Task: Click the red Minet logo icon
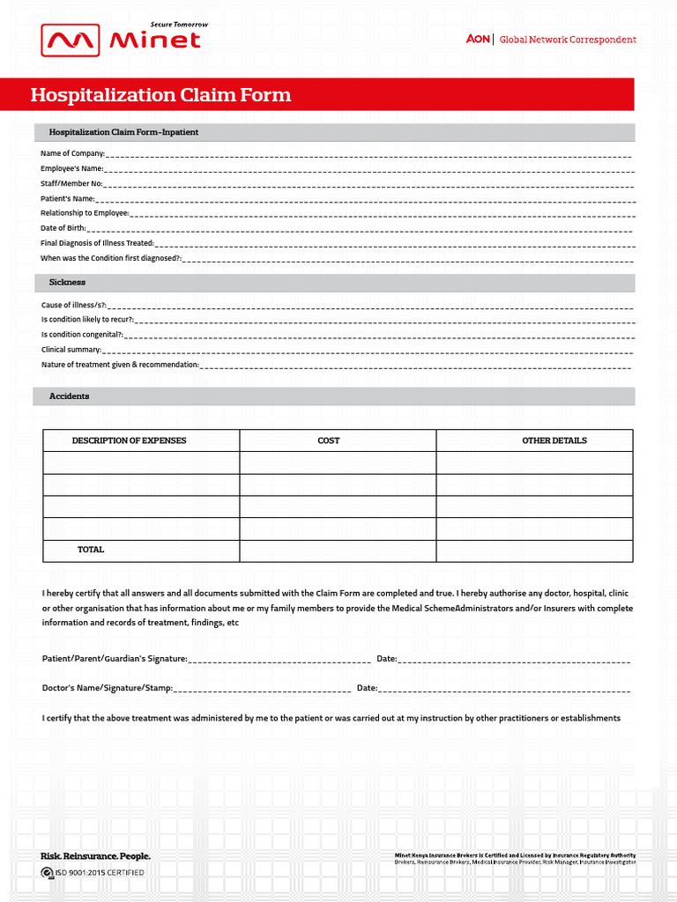tap(71, 41)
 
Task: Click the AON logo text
tap(478, 40)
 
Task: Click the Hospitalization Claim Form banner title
tap(160, 95)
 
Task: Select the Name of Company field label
tap(72, 153)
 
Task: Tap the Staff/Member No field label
tap(71, 183)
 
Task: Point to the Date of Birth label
tap(63, 228)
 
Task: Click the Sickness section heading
tap(67, 282)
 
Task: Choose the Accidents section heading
tap(69, 396)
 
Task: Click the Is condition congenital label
tap(82, 335)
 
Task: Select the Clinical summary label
tap(71, 350)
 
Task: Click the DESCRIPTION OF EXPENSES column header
tap(129, 440)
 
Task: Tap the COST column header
tap(328, 440)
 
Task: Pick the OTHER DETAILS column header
tap(554, 440)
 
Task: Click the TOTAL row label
tap(91, 550)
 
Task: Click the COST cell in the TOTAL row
tap(337, 551)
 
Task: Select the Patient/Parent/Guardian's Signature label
tap(115, 659)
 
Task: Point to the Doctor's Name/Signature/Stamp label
tap(107, 688)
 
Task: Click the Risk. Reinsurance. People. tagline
tap(95, 856)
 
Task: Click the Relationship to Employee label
tap(85, 213)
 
